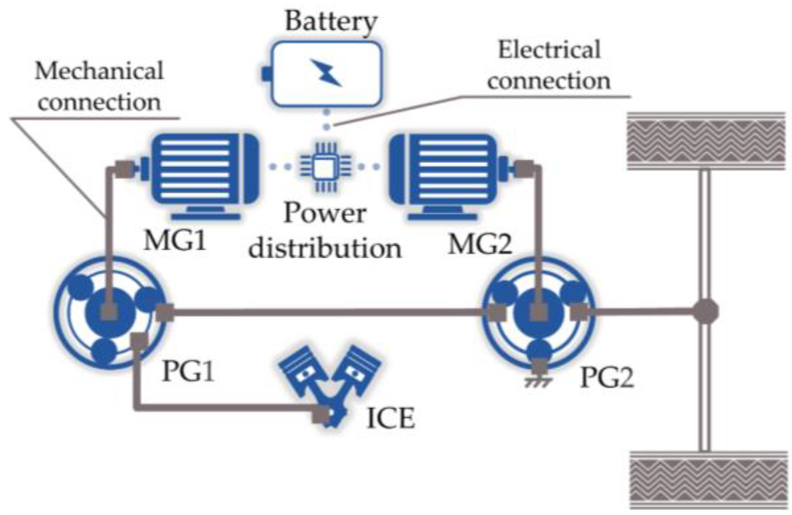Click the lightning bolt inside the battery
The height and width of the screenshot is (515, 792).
pos(326,72)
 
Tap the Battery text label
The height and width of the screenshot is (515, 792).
pos(331,21)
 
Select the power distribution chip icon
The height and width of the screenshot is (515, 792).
pos(326,167)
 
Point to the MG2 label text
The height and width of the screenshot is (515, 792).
pos(480,243)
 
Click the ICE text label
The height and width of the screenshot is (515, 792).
pos(391,418)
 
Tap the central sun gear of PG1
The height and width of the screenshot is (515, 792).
pos(109,312)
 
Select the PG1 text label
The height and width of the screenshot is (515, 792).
pos(188,371)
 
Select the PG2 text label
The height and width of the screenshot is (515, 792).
pos(607,377)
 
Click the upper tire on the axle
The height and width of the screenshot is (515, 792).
pos(706,141)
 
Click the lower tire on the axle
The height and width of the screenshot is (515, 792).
pos(708,480)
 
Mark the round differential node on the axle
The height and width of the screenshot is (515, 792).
pos(706,312)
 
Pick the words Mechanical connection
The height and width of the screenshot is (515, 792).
pos(99,86)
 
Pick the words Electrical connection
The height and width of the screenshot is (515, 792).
pos(549,65)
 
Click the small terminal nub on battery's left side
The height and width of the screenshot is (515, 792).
pos(266,74)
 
